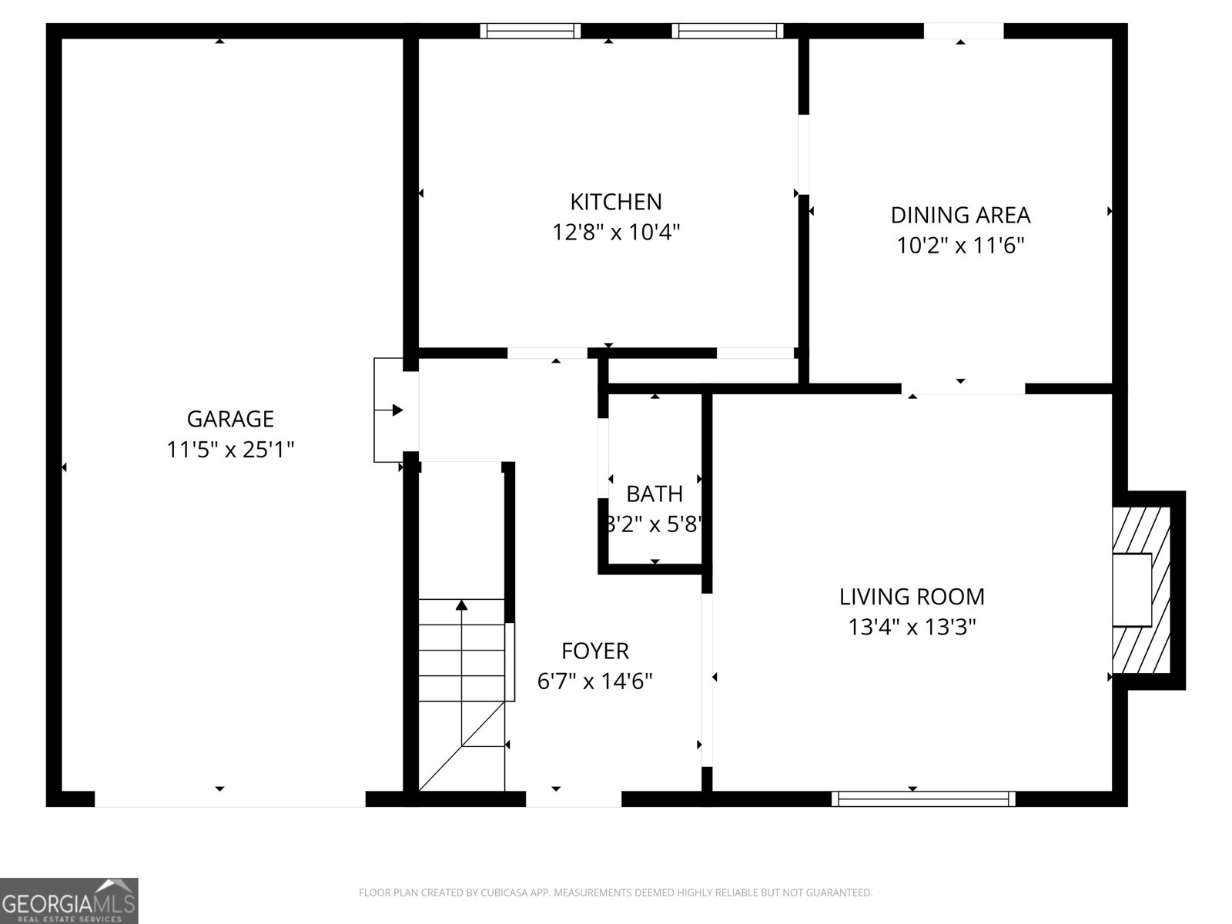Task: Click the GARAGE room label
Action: coord(230,419)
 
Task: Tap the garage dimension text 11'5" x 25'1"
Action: coord(230,450)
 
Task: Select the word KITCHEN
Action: coord(615,202)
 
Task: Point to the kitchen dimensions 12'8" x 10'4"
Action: coord(615,232)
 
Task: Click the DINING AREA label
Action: coord(960,215)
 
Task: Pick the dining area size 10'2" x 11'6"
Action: coord(960,246)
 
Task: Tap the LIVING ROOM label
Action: coord(912,597)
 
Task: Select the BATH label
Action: coord(654,494)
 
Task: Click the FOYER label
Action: coord(594,651)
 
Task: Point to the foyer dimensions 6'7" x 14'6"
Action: coord(594,681)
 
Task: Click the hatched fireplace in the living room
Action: coord(1141,589)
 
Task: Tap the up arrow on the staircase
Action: coord(461,606)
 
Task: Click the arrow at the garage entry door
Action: coord(397,410)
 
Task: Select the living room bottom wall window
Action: coord(923,798)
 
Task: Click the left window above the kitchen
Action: coord(531,31)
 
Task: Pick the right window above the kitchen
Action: coord(727,31)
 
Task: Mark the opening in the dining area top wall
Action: coord(963,31)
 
